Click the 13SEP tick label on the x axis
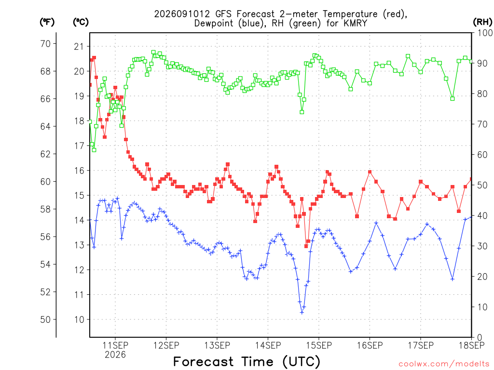pos(217,345)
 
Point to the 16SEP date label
pos(370,345)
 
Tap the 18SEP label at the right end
pos(472,345)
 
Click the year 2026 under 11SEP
pos(115,355)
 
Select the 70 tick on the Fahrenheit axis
pos(46,44)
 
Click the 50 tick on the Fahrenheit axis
pos(46,320)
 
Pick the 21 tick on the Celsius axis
pos(79,47)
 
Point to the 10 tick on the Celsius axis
pos(79,320)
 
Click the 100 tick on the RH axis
pos(485,33)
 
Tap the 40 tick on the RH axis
pos(482,216)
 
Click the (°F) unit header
pos(47,22)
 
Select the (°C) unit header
pos(81,22)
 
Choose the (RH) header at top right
pos(482,22)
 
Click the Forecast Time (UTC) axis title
pos(247,362)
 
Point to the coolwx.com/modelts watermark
pos(444,364)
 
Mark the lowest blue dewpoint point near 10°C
pos(302,312)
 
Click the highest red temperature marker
pos(94,58)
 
